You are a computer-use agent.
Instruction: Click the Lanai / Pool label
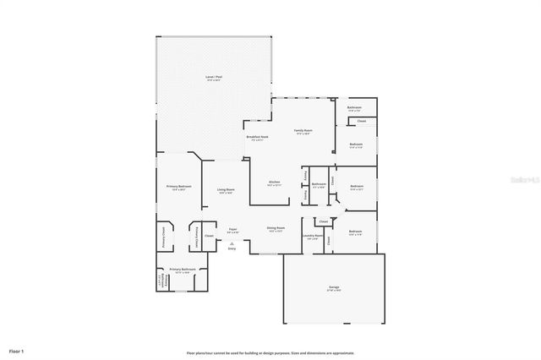point(214,77)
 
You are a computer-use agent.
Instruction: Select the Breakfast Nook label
point(257,137)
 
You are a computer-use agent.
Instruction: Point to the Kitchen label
point(274,182)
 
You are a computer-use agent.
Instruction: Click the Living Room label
point(225,190)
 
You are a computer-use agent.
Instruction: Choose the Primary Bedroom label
point(178,186)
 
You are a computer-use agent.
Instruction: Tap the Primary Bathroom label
point(182,270)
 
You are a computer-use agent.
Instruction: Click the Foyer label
point(232,228)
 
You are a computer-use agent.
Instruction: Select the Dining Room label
point(275,228)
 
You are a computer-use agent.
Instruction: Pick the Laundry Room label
point(313,237)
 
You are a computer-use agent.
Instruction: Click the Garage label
point(334,287)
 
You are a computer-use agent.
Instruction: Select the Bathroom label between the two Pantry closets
point(319,184)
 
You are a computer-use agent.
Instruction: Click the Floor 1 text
point(17,350)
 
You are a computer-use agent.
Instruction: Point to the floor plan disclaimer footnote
point(270,353)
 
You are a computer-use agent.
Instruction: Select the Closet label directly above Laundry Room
point(323,221)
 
